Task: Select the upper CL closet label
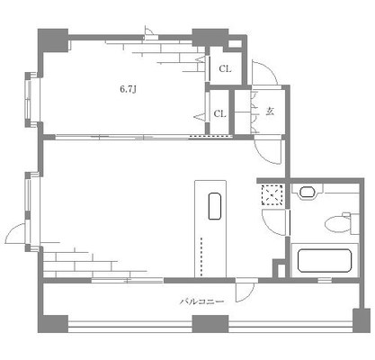pos(226,69)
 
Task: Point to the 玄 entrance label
pos(269,112)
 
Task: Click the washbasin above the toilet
pos(308,192)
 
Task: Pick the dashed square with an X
pos(272,194)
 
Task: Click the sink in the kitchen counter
pos(213,206)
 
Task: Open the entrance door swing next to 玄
pos(267,72)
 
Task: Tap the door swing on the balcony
pos(244,290)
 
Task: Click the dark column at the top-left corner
pos(52,40)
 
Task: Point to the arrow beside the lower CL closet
pos(201,116)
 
